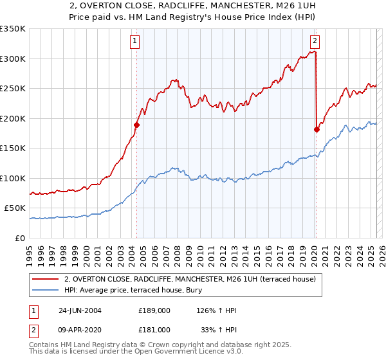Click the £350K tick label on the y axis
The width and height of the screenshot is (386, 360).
pyautogui.click(x=13, y=29)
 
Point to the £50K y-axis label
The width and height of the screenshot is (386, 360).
pyautogui.click(x=15, y=208)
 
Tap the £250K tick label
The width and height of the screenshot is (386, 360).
pyautogui.click(x=13, y=89)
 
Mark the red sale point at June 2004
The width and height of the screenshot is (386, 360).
pyautogui.click(x=137, y=125)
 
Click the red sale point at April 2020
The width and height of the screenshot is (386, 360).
pyautogui.click(x=317, y=129)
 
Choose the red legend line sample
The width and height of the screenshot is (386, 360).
pyautogui.click(x=45, y=280)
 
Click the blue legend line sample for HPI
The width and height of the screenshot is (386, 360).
pyautogui.click(x=45, y=290)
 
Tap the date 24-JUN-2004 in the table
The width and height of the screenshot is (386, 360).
pyautogui.click(x=80, y=310)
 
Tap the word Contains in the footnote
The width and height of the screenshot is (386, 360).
pyautogui.click(x=44, y=346)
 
